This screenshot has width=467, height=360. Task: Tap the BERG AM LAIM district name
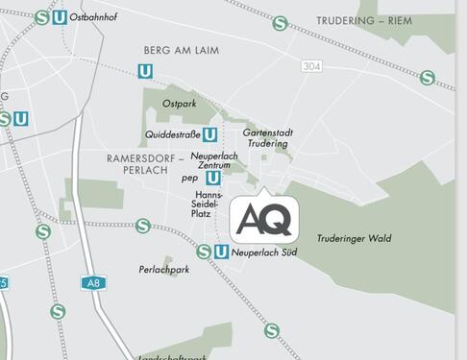click(182, 49)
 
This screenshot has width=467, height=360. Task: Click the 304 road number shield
click(310, 66)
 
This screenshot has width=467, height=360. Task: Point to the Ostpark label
click(179, 103)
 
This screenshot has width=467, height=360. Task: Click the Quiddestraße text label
click(173, 134)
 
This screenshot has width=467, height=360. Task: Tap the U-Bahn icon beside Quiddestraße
click(210, 134)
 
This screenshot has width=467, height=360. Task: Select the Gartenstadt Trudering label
click(268, 137)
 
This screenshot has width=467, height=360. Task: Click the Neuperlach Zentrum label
click(213, 160)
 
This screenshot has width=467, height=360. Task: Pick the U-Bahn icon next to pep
click(212, 178)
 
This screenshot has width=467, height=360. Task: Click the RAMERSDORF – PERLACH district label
click(138, 162)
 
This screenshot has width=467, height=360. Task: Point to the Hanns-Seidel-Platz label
click(209, 203)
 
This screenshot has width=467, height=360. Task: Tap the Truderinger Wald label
click(354, 238)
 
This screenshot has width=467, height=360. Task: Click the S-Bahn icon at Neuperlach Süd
click(203, 252)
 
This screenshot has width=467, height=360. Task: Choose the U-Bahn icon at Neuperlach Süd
click(221, 252)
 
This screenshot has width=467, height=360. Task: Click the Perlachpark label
click(164, 270)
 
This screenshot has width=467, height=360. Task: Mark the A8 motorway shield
click(91, 283)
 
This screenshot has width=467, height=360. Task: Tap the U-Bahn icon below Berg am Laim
click(145, 71)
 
